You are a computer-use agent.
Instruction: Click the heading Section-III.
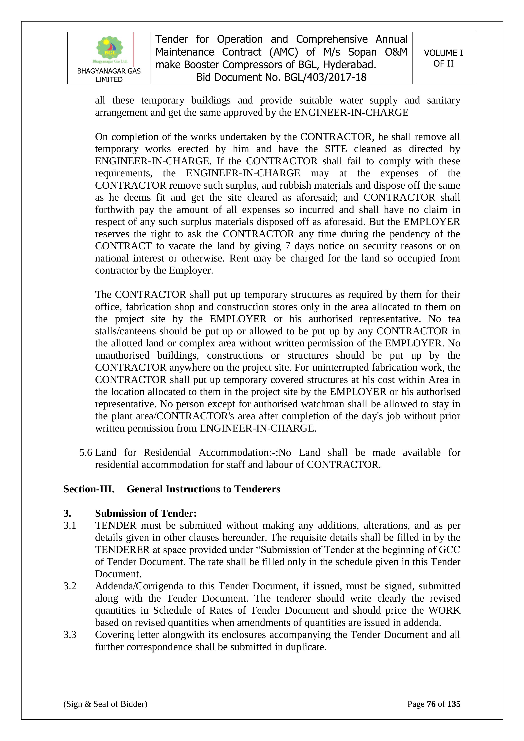coord(89,489)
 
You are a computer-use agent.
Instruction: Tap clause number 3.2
coord(70,586)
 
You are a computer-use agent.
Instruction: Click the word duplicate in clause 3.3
coord(306,647)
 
